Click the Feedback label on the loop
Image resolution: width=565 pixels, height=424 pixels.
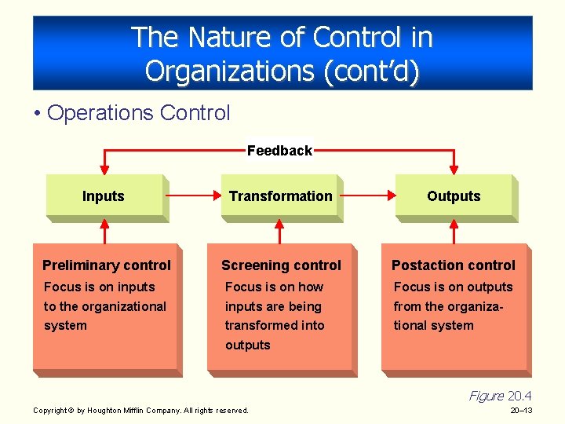click(x=279, y=151)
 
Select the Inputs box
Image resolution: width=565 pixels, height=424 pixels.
click(x=104, y=196)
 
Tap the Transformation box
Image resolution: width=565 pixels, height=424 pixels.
click(x=280, y=196)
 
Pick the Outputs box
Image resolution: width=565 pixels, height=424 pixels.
click(x=454, y=196)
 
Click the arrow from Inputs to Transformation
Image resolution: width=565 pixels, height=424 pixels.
click(x=192, y=196)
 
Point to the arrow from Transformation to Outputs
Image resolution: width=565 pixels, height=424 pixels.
click(x=369, y=196)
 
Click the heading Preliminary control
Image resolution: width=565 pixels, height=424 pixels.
click(x=106, y=265)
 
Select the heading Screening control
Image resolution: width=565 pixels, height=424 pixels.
click(x=281, y=265)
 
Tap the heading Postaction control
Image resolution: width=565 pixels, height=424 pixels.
click(x=454, y=265)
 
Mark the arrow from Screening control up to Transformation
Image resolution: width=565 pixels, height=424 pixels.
click(x=278, y=232)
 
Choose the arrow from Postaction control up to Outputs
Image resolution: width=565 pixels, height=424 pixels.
click(x=453, y=232)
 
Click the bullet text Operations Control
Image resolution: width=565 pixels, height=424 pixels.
click(x=138, y=113)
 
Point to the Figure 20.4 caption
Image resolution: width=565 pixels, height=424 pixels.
click(x=500, y=396)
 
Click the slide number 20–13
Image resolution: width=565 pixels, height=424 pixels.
click(x=521, y=411)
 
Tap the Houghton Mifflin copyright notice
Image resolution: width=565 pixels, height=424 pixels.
click(x=140, y=411)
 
